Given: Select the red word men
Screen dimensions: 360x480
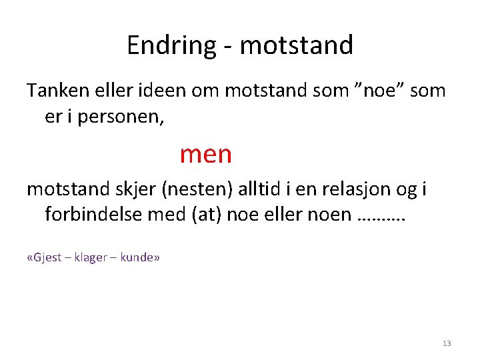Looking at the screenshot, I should click(205, 154).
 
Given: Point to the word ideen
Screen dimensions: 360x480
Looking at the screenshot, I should click(158, 89).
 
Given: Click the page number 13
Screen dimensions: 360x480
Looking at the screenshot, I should click(447, 343).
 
